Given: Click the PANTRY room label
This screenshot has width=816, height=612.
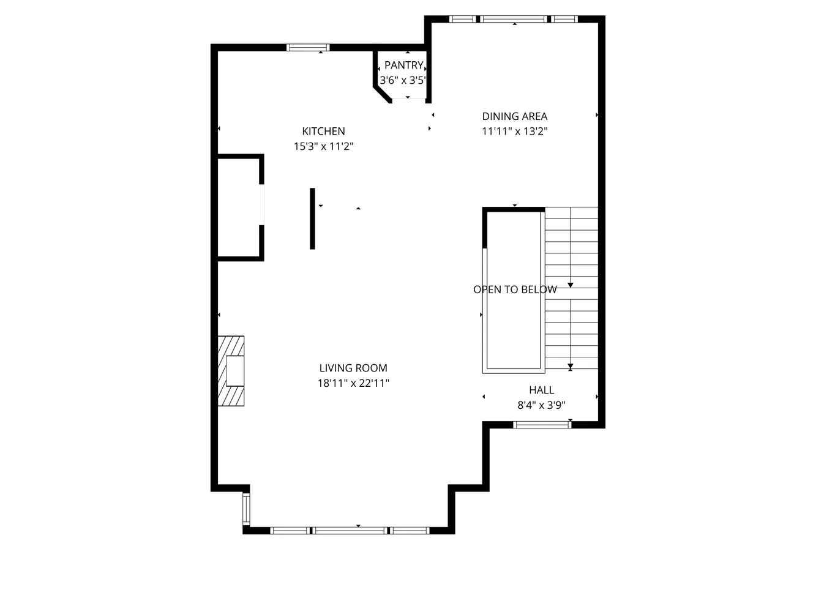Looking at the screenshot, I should pos(403,65).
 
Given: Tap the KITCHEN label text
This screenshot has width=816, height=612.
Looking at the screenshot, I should pos(323,131).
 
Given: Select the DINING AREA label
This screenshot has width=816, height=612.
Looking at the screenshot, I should pos(514,116).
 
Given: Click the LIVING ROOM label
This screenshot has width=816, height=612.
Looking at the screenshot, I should pos(353,368).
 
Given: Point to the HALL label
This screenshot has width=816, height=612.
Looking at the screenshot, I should pos(541,390).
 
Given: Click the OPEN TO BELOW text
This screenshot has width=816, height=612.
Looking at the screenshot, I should pos(515,289).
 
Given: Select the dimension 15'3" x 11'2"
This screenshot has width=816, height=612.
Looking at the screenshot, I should pos(323,146).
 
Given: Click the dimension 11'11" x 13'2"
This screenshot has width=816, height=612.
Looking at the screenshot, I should pos(514,131).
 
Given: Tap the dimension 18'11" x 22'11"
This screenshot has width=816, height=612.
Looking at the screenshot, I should pos(353,383).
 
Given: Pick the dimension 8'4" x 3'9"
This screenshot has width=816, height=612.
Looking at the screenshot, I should pos(541,405).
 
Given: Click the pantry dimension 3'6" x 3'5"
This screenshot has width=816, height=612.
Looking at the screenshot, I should pos(402,80).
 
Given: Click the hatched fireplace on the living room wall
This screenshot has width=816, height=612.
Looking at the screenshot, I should pos(231,370).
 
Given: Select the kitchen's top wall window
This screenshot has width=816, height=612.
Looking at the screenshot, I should pos(308,48).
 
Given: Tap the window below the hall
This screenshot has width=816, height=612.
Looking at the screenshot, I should pos(542,424).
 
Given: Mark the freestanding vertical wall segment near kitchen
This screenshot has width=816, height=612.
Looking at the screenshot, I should pos(312,218).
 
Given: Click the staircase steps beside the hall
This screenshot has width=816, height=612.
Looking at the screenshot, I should pos(571,288).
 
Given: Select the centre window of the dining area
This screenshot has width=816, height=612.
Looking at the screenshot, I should pos(514,19).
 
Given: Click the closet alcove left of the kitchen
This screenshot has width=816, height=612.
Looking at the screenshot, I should pos(239,208).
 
